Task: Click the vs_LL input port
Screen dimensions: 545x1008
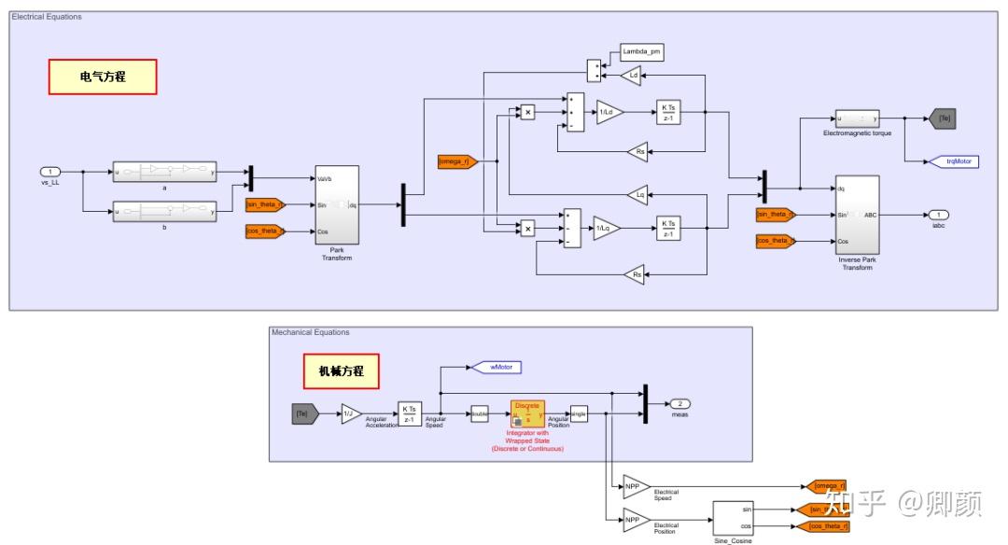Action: coord(50,172)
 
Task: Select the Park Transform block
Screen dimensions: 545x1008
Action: coord(336,204)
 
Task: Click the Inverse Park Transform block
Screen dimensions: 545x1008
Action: coord(857,214)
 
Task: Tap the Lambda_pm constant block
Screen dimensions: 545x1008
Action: coord(641,51)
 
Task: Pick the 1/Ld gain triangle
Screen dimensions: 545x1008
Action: coord(609,112)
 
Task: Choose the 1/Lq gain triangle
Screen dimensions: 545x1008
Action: coord(605,228)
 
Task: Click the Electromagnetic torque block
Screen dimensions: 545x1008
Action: coord(857,119)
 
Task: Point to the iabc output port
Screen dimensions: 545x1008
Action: coord(937,215)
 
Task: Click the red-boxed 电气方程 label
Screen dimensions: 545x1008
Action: coord(103,77)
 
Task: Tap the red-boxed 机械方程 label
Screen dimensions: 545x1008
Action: coord(341,371)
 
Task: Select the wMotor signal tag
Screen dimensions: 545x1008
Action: coord(497,367)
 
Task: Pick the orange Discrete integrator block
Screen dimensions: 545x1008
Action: coord(527,413)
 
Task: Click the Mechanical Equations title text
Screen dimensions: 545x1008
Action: coord(310,332)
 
